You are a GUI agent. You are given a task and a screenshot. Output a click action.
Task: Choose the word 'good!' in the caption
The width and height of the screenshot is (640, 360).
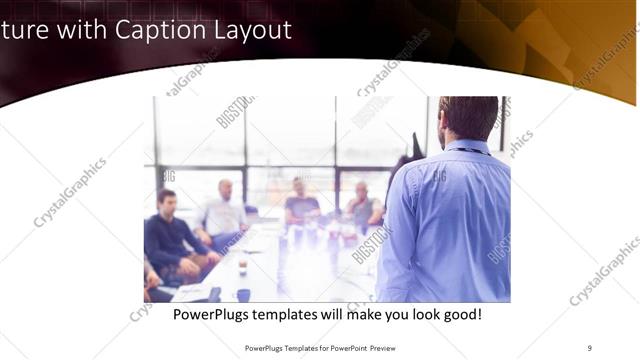(x=461, y=314)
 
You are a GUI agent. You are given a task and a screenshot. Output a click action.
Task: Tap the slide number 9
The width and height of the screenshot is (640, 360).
(x=590, y=348)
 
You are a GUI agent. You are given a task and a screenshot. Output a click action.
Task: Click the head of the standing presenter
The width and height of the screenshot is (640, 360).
(x=467, y=117)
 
